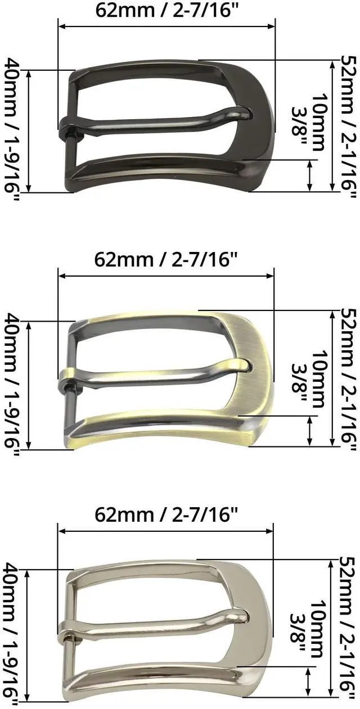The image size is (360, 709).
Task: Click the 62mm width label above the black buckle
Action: (x=166, y=11)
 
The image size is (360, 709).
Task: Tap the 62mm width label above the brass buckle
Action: (x=165, y=260)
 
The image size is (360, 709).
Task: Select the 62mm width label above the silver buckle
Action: (x=165, y=514)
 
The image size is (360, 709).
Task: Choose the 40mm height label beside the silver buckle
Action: (x=11, y=636)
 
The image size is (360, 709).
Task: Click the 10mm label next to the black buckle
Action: (x=318, y=121)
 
